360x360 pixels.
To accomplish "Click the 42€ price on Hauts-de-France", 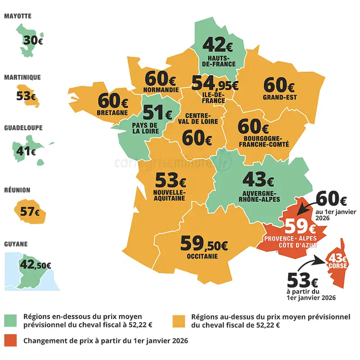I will [218, 45].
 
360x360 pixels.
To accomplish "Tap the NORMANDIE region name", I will [160, 89].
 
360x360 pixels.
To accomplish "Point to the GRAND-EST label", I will [279, 97].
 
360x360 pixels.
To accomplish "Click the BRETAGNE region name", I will [112, 112].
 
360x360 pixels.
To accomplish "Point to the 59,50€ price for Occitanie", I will [204, 244].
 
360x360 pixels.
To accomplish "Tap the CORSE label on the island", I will [337, 266].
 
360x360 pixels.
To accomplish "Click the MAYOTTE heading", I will [18, 16].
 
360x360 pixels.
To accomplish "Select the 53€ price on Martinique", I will [26, 96].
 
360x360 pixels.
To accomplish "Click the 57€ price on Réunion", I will [30, 211].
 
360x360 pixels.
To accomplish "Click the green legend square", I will [11, 321].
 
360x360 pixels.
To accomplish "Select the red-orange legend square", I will [11, 341].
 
